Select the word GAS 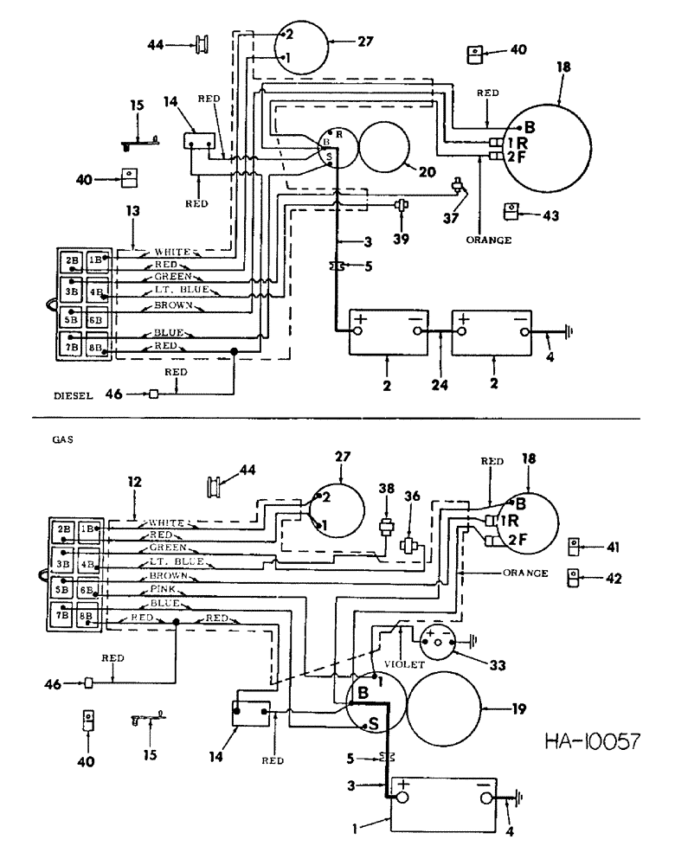(x=63, y=439)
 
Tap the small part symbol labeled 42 (x=573, y=577)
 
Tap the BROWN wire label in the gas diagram (x=168, y=574)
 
